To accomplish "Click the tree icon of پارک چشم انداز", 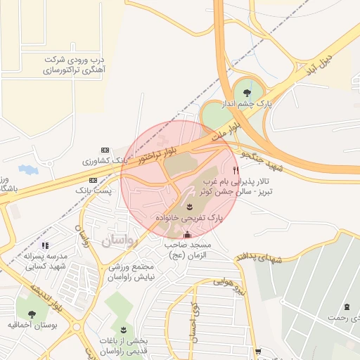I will pos(245,91).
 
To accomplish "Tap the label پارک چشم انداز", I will pos(245,103).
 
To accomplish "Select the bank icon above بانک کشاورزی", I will pos(105,150).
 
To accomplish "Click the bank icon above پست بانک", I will pos(93,180).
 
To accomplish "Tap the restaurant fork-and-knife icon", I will pos(236,170).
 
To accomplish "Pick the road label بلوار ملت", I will pos(228,131).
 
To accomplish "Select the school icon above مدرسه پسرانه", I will pos(45,245).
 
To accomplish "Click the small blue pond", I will pos(27,169).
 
